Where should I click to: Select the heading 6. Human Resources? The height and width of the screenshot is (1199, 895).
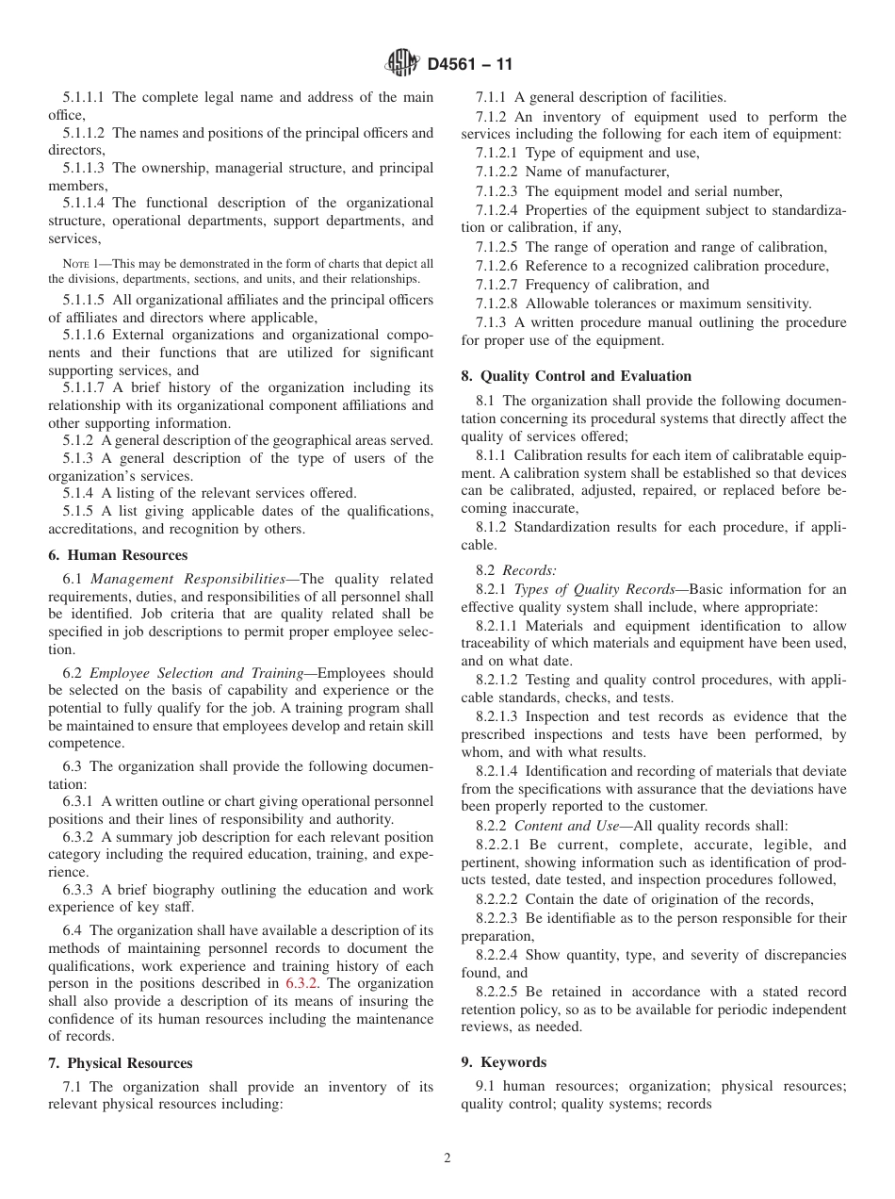[118, 555]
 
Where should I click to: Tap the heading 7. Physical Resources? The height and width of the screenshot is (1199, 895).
[121, 1063]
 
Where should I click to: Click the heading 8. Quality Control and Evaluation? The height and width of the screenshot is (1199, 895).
[576, 376]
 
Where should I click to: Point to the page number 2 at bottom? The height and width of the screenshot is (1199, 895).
[447, 1158]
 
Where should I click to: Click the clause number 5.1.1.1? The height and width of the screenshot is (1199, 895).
[84, 97]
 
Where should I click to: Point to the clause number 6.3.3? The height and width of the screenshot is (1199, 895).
[78, 890]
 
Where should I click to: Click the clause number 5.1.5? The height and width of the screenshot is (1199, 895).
[78, 511]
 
